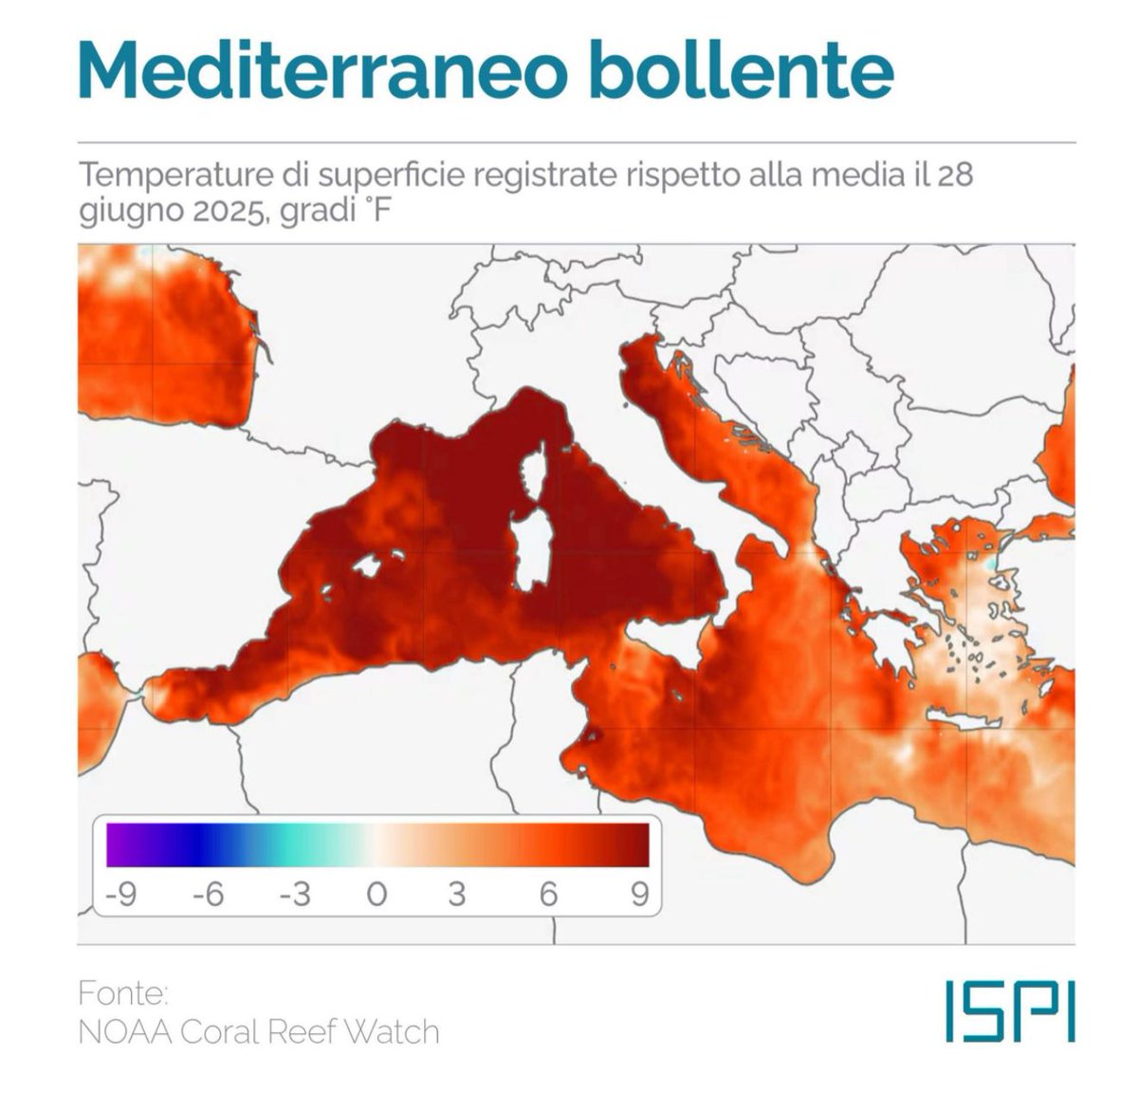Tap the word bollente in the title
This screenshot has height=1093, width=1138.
(740, 68)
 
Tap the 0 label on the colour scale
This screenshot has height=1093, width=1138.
(376, 894)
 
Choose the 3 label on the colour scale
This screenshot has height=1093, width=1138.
(457, 894)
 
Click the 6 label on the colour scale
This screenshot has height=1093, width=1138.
(548, 894)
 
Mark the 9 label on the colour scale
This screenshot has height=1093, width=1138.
(639, 894)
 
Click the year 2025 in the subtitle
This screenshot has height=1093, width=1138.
(222, 211)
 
